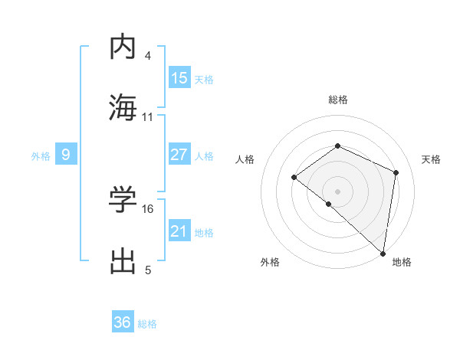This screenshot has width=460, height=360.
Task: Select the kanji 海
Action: pos(123,107)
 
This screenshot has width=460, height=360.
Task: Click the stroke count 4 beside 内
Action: pos(148,57)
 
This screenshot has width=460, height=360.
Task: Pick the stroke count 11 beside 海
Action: pos(148,117)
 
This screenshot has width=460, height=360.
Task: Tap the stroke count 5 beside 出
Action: pos(148,270)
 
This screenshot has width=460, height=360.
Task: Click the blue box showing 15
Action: pos(179,77)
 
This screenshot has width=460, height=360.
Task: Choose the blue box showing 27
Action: pos(179,154)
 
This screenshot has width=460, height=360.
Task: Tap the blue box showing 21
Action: pos(179,231)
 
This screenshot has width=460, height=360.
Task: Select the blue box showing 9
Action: pos(66,155)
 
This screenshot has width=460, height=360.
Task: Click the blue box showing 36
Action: pos(123,322)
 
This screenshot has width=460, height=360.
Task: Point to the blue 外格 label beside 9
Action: pos(41,155)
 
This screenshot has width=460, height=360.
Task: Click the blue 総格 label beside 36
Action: pos(147,323)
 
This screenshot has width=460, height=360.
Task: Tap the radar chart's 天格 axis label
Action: pos(431,159)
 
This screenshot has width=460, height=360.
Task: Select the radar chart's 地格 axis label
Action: pos(402,262)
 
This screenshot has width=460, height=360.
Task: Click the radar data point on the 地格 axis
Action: pos(383,253)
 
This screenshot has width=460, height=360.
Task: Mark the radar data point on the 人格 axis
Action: pos(294,178)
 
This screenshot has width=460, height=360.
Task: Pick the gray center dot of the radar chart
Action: pos(337,191)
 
